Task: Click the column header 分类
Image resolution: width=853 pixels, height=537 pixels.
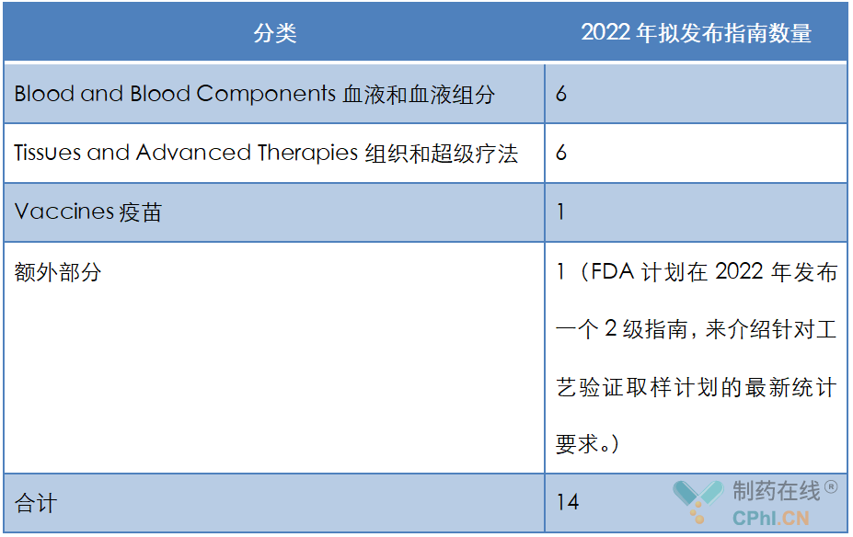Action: (x=275, y=33)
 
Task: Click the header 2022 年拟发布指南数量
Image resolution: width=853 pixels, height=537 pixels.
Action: (x=696, y=32)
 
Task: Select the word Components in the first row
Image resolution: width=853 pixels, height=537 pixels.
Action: (x=266, y=94)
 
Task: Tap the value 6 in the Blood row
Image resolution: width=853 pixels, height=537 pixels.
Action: (x=561, y=94)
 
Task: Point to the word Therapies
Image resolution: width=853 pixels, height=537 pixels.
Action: (x=307, y=154)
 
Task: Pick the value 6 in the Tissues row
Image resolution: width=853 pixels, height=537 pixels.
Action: (x=561, y=153)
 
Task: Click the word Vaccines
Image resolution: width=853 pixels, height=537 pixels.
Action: (x=64, y=211)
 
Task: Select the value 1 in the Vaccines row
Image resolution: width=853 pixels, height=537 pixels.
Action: (x=560, y=211)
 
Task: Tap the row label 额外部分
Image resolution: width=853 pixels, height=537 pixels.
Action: (x=58, y=272)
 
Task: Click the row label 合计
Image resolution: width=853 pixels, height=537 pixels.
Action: (x=35, y=503)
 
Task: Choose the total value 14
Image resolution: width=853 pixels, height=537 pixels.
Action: (x=568, y=502)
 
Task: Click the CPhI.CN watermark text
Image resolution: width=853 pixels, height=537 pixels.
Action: (x=771, y=518)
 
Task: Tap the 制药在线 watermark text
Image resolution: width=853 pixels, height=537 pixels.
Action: (x=777, y=491)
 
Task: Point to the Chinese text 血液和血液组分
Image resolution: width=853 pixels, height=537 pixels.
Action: (x=419, y=95)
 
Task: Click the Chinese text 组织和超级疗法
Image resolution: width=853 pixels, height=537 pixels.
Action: (x=441, y=154)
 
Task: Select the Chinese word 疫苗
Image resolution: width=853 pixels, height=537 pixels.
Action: (x=141, y=212)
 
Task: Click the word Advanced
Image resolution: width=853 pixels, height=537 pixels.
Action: (x=193, y=153)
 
